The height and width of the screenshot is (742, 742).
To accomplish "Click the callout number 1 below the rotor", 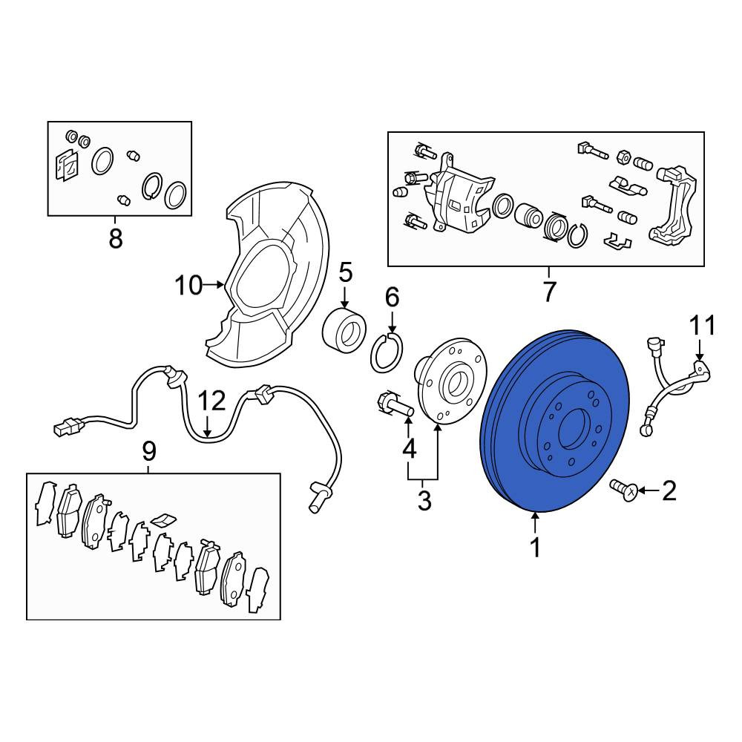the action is point(535,548).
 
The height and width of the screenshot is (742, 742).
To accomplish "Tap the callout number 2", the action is point(669,490).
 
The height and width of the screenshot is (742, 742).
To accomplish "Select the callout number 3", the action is point(424,501).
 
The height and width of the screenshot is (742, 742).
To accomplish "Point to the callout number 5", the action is point(345,274).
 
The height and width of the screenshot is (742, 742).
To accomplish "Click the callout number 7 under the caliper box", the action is point(549,291).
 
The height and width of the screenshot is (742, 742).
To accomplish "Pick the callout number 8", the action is point(116,238).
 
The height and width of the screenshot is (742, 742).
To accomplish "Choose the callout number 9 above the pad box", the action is point(148,451).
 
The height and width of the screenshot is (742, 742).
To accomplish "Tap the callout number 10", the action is point(188,286).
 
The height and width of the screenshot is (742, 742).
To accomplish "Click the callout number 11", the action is point(702,326).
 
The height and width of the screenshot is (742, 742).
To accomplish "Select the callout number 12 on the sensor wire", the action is point(211,401).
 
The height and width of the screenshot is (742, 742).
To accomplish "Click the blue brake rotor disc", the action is point(555,421).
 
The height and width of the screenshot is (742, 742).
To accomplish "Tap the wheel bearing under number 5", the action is point(344,331).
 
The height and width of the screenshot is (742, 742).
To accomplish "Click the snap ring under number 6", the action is point(387,352).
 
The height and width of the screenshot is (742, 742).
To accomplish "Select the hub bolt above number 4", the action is point(395,404).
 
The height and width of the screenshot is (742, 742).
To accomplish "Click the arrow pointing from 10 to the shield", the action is point(214,285).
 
